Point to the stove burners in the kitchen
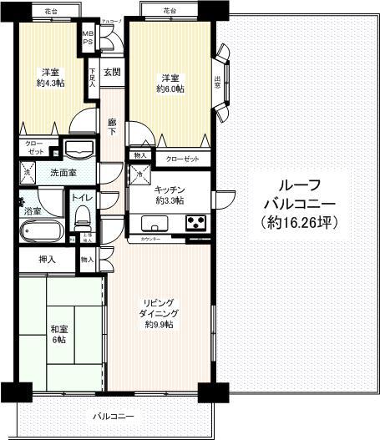[x=195, y=223]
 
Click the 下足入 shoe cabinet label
[x=93, y=75]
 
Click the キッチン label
[x=170, y=190]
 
